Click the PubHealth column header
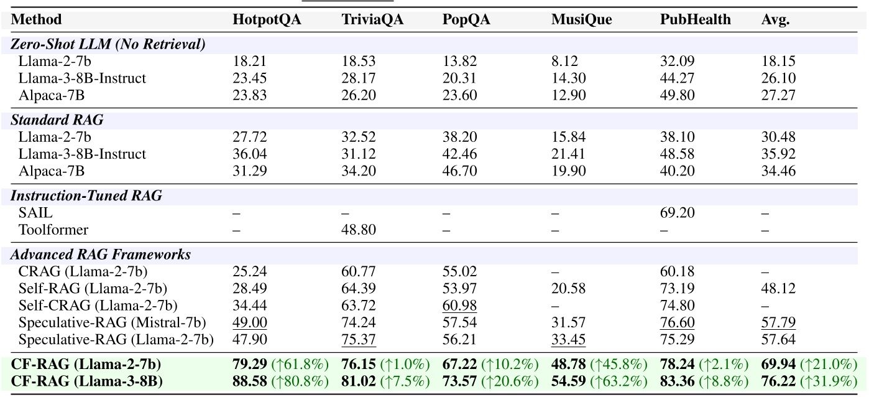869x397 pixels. tap(695, 20)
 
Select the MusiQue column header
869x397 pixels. tap(581, 20)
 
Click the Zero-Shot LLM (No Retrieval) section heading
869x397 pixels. tap(108, 44)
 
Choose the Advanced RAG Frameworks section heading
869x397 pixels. tap(101, 255)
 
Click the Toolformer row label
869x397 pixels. tap(53, 230)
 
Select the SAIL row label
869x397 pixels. tap(36, 213)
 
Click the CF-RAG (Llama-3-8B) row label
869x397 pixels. tap(86, 381)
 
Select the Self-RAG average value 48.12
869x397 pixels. tap(777, 289)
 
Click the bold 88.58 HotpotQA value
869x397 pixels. tap(250, 381)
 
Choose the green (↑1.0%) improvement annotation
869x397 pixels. tap(406, 364)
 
